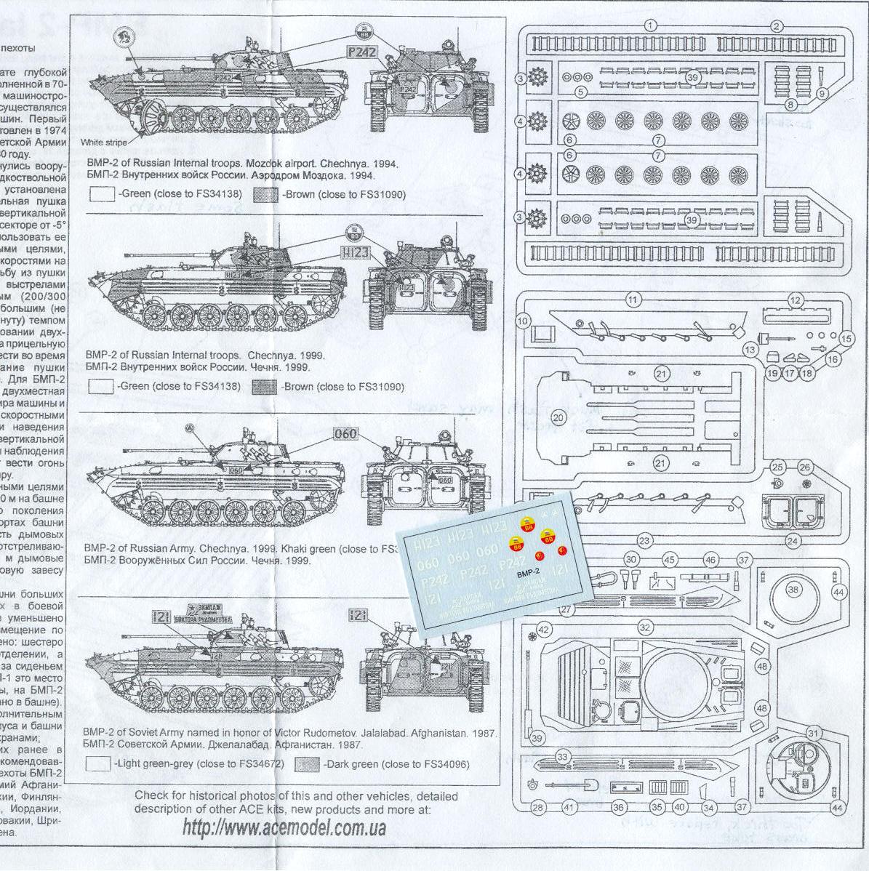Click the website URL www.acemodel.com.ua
284,827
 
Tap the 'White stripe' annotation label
104,142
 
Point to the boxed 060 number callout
346,435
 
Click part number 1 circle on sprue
651,26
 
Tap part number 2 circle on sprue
777,26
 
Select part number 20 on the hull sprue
558,418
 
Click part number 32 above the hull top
644,627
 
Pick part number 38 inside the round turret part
793,590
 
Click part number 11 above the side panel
633,300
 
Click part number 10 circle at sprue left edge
523,321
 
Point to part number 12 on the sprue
795,300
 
